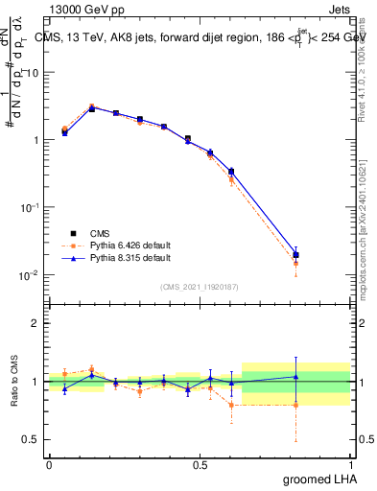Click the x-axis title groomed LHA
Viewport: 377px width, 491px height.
pos(318,479)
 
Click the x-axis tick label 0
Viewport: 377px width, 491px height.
pos(49,464)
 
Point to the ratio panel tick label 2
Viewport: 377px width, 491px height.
pos(35,323)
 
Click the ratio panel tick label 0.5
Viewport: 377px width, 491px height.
pos(31,440)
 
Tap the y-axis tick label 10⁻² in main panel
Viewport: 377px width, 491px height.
pos(29,274)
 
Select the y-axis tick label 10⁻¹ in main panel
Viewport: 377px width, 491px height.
pos(29,207)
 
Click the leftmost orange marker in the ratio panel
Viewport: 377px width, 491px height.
pos(64,373)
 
